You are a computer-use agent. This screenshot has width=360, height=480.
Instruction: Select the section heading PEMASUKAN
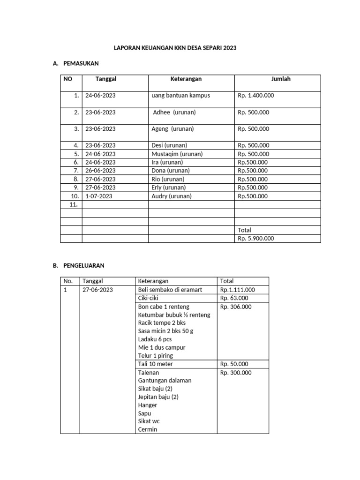tap(80, 63)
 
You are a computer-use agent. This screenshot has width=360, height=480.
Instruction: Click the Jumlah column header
tap(281, 79)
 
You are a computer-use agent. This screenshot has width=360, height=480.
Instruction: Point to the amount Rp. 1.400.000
tap(255, 96)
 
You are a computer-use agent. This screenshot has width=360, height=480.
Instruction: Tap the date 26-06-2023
tap(100, 171)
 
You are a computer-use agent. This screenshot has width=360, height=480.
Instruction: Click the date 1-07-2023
tap(99, 196)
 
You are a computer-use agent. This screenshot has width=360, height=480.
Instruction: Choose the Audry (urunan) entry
tap(172, 196)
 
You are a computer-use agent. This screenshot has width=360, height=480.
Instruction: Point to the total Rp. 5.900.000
tap(255, 238)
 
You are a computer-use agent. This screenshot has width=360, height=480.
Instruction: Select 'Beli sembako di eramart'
tap(170, 290)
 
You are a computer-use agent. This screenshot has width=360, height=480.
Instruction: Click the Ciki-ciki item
tap(148, 298)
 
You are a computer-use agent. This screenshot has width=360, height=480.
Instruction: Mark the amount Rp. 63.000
tap(234, 298)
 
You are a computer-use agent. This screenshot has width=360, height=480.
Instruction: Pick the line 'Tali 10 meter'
tap(155, 364)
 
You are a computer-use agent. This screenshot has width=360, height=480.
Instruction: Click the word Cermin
tap(148, 429)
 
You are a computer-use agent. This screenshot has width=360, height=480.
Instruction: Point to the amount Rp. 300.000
tap(236, 373)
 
